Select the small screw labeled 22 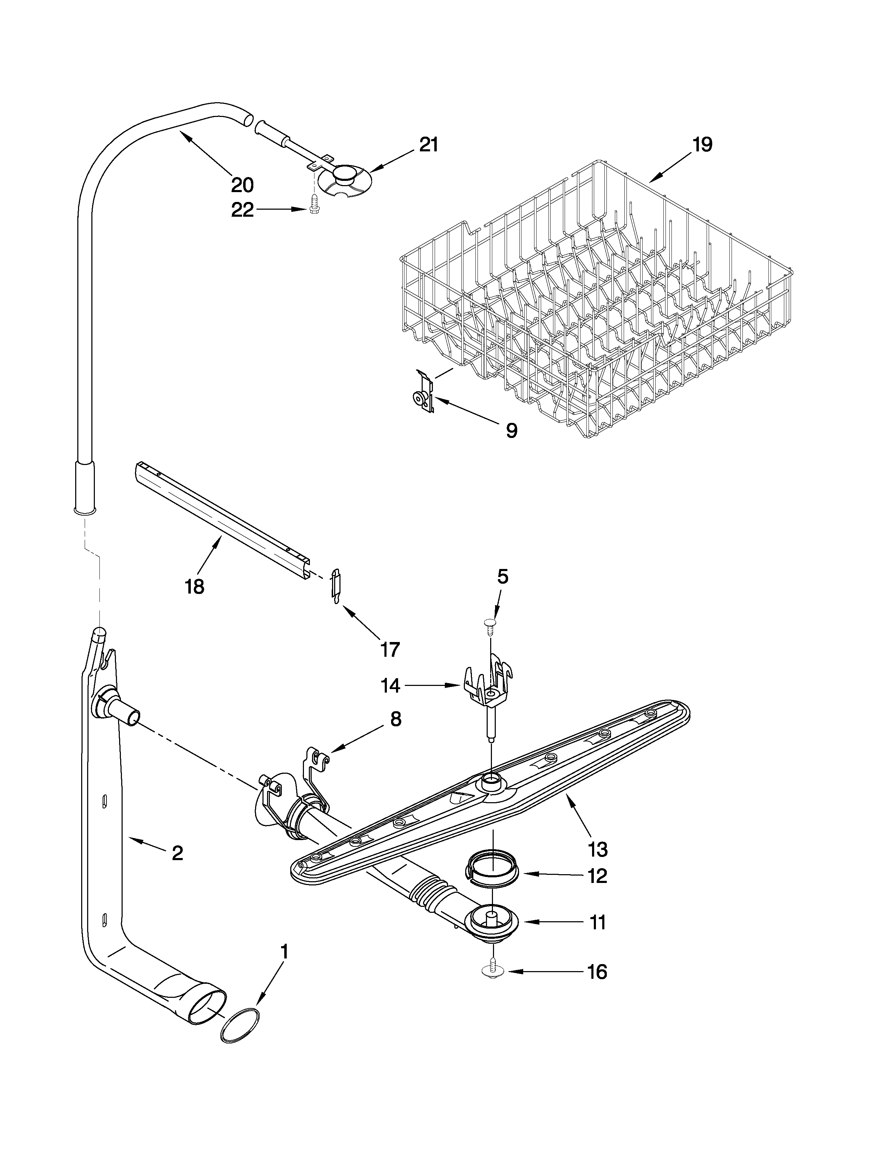[x=313, y=203]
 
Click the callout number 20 [x=242, y=185]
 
